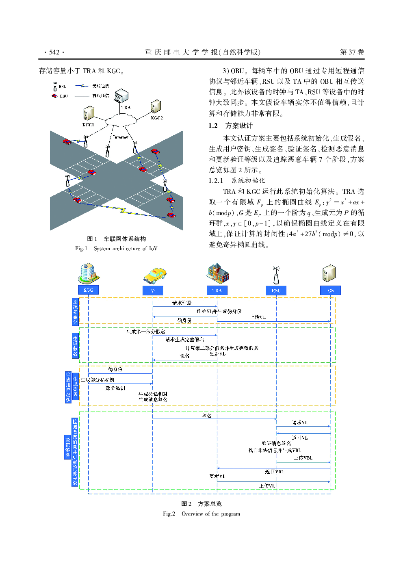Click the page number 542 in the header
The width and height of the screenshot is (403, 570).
pyautogui.click(x=54, y=52)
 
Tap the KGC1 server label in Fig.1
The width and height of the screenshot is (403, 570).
pyautogui.click(x=88, y=125)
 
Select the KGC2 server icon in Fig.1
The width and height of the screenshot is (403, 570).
pyautogui.click(x=156, y=107)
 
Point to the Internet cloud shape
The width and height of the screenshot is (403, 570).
pyautogui.click(x=121, y=120)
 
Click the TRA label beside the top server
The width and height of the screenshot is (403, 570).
pyautogui.click(x=126, y=108)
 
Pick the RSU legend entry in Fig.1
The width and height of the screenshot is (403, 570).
pyautogui.click(x=60, y=87)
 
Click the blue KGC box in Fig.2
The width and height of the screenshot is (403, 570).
pyautogui.click(x=88, y=290)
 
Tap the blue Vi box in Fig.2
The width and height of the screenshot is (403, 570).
pyautogui.click(x=153, y=290)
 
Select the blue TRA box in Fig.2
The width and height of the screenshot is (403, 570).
pyautogui.click(x=217, y=290)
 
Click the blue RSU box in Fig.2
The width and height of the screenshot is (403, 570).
pyautogui.click(x=276, y=290)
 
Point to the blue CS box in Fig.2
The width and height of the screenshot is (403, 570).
pyautogui.click(x=330, y=290)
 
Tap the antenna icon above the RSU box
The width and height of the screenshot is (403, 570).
pyautogui.click(x=276, y=275)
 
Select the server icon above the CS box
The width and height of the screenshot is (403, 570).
pyautogui.click(x=329, y=273)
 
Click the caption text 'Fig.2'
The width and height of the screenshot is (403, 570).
pyautogui.click(x=169, y=514)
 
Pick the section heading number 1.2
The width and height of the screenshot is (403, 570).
pyautogui.click(x=213, y=126)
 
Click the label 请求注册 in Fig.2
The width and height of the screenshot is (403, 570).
pyautogui.click(x=182, y=303)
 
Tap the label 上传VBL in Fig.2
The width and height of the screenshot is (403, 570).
pyautogui.click(x=303, y=458)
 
